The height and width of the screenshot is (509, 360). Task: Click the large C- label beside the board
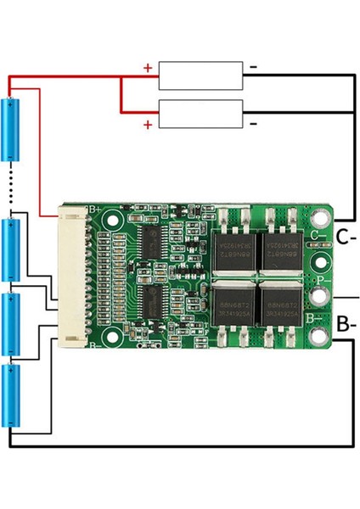point(345,237)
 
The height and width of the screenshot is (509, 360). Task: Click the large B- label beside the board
point(346,324)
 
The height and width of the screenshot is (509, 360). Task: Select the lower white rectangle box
point(200,113)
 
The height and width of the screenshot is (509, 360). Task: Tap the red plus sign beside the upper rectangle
point(148,67)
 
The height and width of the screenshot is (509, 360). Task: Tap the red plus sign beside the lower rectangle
point(148,125)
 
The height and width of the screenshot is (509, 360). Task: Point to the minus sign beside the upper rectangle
point(254,66)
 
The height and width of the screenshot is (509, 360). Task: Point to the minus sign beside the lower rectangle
point(254,124)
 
